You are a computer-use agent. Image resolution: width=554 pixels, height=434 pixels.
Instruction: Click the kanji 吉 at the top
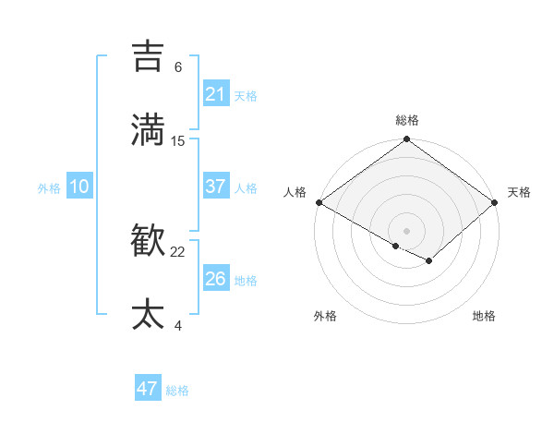point(149,56)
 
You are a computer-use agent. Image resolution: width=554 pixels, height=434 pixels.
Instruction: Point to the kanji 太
point(149,314)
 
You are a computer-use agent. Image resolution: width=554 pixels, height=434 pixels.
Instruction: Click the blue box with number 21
point(215,93)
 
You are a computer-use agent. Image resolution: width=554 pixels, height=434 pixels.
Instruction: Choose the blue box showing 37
point(215,187)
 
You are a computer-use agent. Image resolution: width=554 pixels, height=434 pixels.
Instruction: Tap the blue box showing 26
point(215,279)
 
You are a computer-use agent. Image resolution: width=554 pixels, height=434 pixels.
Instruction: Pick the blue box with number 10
point(78,187)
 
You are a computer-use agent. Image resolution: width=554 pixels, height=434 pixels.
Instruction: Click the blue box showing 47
point(148,389)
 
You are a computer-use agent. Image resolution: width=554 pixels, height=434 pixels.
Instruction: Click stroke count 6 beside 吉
point(178,67)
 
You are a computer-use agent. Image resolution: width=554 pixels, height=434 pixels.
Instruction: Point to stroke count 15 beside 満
point(178,140)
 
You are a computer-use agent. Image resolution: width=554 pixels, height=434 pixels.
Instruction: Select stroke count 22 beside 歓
point(178,252)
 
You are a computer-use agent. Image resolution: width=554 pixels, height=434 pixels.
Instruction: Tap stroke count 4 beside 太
point(178,325)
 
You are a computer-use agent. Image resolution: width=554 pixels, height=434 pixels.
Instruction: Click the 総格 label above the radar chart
point(407,120)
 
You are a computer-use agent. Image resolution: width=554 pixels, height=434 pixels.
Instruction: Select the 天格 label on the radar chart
point(519,192)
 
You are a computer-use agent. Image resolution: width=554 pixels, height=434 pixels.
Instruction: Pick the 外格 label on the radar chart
point(325,316)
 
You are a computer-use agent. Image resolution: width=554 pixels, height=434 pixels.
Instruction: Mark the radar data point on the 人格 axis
point(319,202)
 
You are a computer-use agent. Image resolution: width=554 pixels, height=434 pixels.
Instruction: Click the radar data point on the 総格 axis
point(406,140)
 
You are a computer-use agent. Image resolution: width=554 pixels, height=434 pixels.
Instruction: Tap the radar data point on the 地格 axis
point(429,261)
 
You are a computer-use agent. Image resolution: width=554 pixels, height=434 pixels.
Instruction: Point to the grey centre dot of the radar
point(406,230)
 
